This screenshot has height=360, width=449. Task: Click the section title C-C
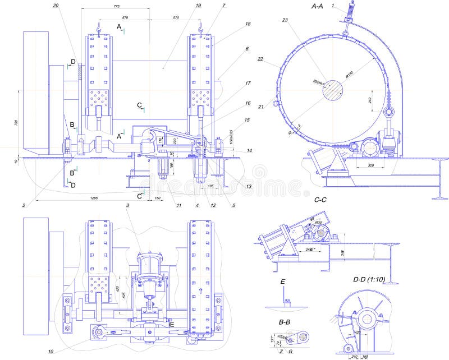pos(320,199)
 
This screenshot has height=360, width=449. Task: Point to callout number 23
pos(285,20)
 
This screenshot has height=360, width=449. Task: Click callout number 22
pos(260,59)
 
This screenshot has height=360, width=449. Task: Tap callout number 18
pos(248,24)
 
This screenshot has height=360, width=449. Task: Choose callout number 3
pos(128,206)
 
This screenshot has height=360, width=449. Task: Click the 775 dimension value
pos(116,6)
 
